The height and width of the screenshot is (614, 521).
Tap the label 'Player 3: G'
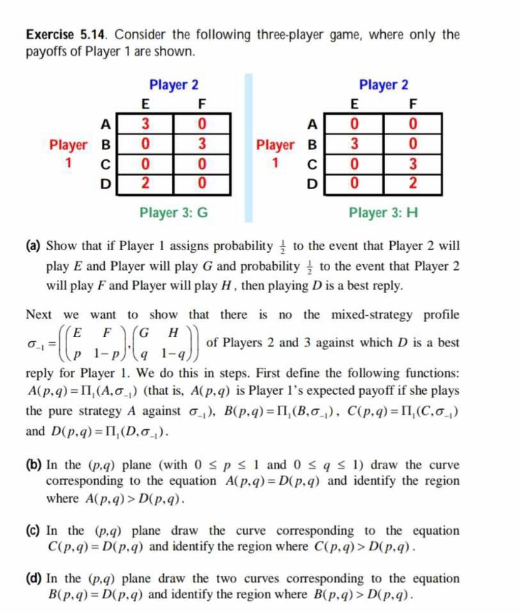tap(173, 212)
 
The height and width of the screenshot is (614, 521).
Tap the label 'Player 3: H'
tap(383, 212)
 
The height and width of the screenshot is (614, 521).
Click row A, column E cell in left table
tap(145, 124)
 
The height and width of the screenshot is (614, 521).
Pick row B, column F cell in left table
tap(202, 144)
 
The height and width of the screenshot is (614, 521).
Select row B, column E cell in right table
tap(354, 144)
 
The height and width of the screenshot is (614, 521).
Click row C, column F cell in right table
tap(413, 164)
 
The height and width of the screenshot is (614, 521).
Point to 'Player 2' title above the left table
tap(173, 84)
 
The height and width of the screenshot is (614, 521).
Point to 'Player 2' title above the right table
tap(383, 84)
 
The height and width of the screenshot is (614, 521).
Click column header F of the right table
tap(413, 104)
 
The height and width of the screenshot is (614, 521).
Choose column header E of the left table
tap(145, 104)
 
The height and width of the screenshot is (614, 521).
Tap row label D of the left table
tap(105, 183)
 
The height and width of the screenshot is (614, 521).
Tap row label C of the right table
tap(312, 164)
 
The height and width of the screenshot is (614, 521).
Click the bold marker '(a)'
tap(34, 246)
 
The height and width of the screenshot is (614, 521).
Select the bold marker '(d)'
tap(34, 578)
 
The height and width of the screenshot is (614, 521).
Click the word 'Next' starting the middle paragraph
tap(39, 314)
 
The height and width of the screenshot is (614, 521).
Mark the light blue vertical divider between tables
tap(248, 148)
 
